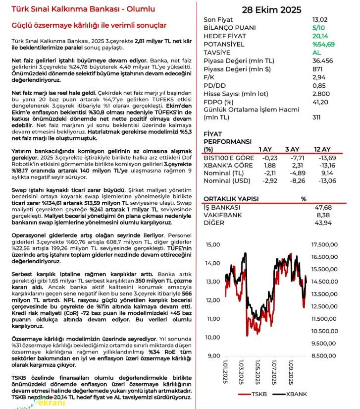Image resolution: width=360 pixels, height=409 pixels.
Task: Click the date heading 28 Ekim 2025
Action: pos(271,10)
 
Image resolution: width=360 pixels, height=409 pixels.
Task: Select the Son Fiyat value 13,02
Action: pos(320,20)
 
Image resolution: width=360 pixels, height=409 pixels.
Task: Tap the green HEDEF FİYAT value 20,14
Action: pos(320,36)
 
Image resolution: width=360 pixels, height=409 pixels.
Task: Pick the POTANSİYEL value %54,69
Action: pos(323,44)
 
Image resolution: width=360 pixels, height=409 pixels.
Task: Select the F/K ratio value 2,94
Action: pos(318,77)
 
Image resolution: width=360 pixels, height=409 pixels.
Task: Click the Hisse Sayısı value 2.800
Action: pos(321,93)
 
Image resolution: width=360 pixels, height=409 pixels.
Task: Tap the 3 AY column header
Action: pos(292,149)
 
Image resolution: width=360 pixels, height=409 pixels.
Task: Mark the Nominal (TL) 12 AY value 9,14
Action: pos(328,173)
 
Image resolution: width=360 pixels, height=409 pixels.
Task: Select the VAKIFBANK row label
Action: pos(222,215)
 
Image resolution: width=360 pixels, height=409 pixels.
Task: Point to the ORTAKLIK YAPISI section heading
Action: pos(231,199)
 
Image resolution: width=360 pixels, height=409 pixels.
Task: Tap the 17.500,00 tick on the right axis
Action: pos(324,244)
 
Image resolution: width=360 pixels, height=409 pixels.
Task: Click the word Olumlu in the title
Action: pos(140,9)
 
